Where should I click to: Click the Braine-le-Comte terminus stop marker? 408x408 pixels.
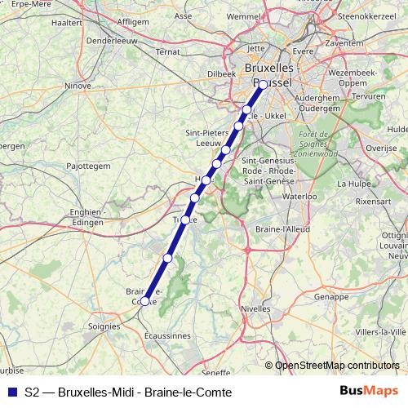pyautogui.click(x=144, y=301)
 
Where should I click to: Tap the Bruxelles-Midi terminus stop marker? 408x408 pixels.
pyautogui.click(x=263, y=84)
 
